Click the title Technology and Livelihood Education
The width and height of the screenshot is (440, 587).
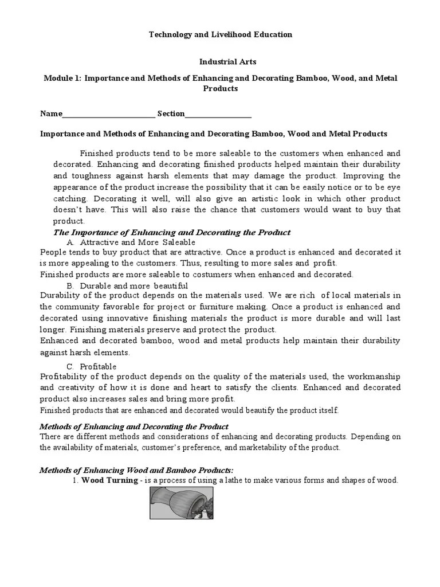tap(221, 34)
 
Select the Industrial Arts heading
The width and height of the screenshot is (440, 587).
tap(221, 61)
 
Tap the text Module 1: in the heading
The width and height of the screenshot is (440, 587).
tap(62, 77)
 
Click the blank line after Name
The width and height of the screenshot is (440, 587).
tap(108, 114)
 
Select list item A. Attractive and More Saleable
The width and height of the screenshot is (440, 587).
tap(131, 242)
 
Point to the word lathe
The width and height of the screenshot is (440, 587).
tap(254, 480)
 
